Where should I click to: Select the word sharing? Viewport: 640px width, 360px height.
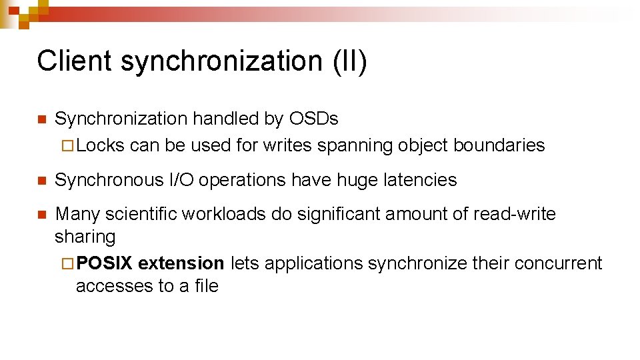85,237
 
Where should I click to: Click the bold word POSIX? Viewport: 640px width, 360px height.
104,263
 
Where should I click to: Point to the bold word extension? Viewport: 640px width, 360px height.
181,263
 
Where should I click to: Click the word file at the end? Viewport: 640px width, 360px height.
207,286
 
